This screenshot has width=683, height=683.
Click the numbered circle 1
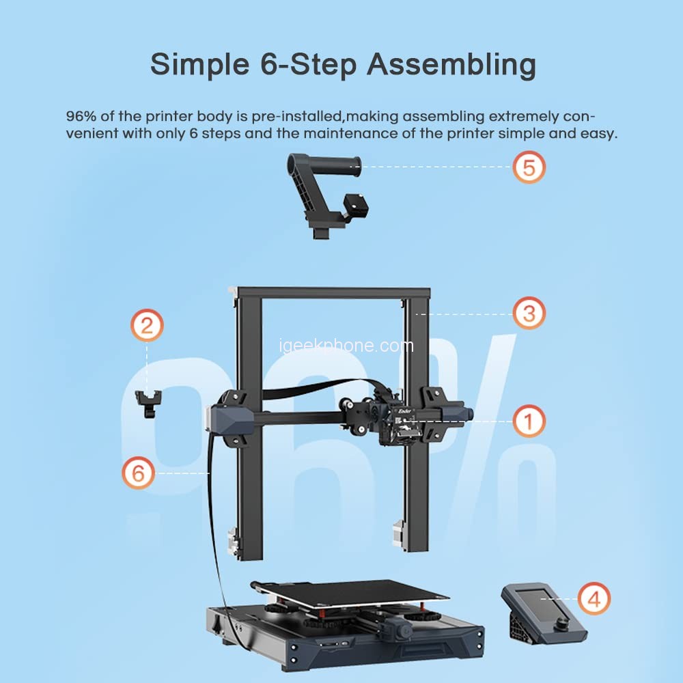coord(529,421)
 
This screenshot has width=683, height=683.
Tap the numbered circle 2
coord(148,325)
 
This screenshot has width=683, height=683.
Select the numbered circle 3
coord(529,313)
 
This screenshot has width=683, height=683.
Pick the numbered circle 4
coord(594,599)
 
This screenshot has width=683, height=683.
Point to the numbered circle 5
coord(529,167)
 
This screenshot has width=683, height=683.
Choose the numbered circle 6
coord(139,473)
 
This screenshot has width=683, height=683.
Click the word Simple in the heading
coord(200,65)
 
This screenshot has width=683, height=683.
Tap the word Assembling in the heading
coord(451,64)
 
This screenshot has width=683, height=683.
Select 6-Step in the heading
coord(309,65)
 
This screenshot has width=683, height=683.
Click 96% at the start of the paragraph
coord(81,116)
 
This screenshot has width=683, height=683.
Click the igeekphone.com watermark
coord(346,346)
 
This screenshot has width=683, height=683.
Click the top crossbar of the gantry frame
coord(330,292)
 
